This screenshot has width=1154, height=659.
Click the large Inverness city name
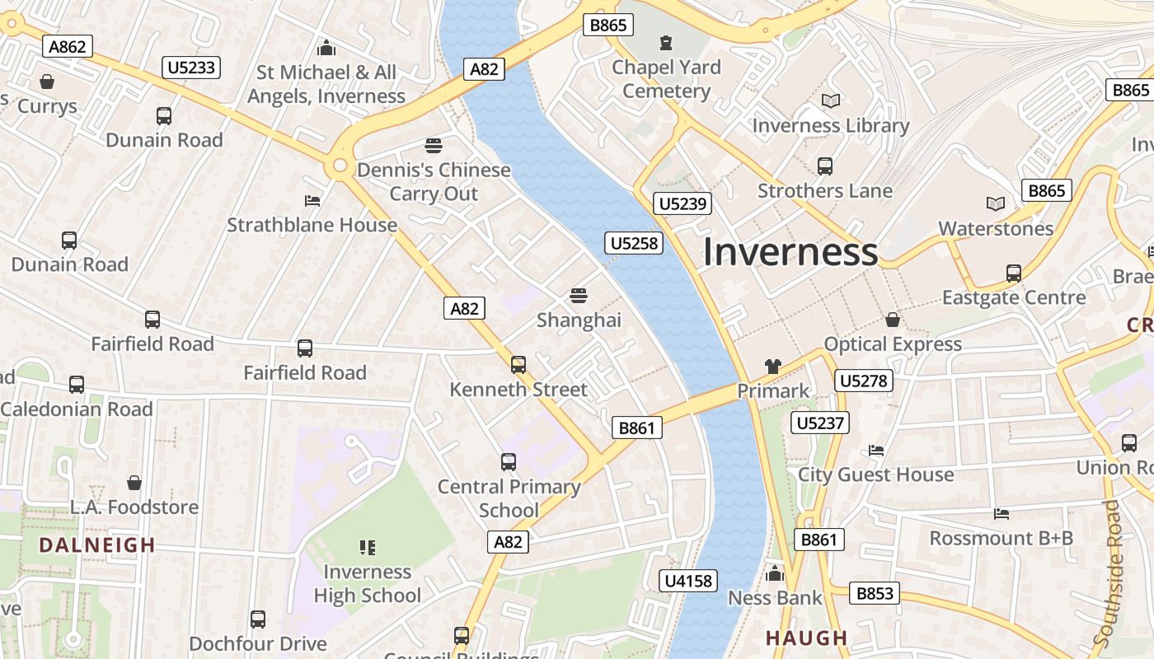(790, 251)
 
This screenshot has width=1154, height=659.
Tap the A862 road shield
(68, 47)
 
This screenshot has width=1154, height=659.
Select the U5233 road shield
(192, 68)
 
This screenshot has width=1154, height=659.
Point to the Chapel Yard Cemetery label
(666, 79)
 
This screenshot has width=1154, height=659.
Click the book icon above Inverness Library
(831, 101)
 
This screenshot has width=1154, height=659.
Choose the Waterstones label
(996, 228)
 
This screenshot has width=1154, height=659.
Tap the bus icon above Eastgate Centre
(1013, 273)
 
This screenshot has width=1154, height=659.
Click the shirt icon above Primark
(772, 367)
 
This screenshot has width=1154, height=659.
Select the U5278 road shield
(863, 381)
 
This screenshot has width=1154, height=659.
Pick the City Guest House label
(875, 474)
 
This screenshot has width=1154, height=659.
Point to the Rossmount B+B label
(1001, 538)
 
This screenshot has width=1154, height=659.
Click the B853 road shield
(875, 593)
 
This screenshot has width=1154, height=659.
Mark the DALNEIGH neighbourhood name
(97, 544)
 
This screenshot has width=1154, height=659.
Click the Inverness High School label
(367, 583)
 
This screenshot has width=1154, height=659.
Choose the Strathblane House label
(312, 225)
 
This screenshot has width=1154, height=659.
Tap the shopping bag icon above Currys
(47, 82)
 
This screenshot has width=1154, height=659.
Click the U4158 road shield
(687, 581)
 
